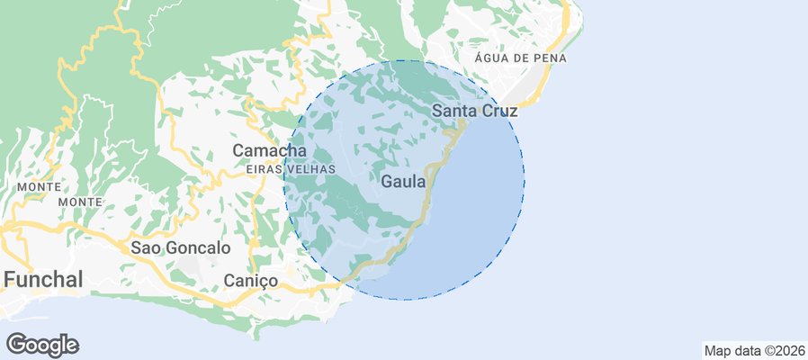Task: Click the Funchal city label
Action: pos(43,279)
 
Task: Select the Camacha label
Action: pos(269,150)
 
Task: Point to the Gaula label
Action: pos(404,182)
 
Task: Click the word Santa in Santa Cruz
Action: pos(453,111)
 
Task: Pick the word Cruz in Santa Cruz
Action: pos(499,111)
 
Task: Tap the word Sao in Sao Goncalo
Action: pos(146,247)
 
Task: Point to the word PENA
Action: pos(551,58)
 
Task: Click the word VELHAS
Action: pos(310,169)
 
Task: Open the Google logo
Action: pos(42,345)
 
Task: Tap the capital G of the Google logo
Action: pos(15,344)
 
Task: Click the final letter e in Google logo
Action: pos(72,346)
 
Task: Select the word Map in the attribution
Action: pos(717,350)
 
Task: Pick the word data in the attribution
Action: pos(746,350)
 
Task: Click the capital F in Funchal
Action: pos(10,279)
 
